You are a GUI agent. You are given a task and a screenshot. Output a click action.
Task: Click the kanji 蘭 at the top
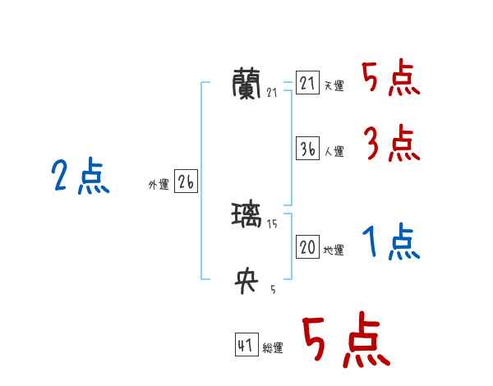(249, 82)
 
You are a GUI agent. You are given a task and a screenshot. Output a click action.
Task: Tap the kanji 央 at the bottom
(248, 282)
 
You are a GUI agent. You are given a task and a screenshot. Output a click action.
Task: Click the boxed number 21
(307, 83)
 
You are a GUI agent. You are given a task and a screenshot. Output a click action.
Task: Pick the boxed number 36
(307, 149)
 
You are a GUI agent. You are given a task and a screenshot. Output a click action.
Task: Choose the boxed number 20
(307, 247)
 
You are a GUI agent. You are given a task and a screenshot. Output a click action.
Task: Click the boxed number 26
(186, 182)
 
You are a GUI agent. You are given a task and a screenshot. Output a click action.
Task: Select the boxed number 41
(246, 345)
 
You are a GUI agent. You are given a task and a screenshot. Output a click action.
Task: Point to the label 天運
(334, 85)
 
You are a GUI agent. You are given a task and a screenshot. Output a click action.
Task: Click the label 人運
(334, 151)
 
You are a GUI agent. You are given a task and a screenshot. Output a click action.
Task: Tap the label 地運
(334, 250)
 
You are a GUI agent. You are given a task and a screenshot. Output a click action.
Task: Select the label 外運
(159, 185)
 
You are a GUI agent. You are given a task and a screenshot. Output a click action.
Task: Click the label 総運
(273, 348)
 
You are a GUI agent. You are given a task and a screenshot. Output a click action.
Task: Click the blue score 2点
(81, 177)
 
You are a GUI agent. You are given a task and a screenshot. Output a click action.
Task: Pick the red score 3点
(391, 145)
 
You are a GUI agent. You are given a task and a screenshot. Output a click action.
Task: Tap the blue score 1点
(390, 242)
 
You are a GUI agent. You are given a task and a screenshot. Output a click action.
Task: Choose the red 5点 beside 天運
(391, 79)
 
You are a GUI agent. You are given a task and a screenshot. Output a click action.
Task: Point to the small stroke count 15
(272, 224)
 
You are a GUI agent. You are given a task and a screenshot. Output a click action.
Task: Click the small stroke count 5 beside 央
(273, 289)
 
